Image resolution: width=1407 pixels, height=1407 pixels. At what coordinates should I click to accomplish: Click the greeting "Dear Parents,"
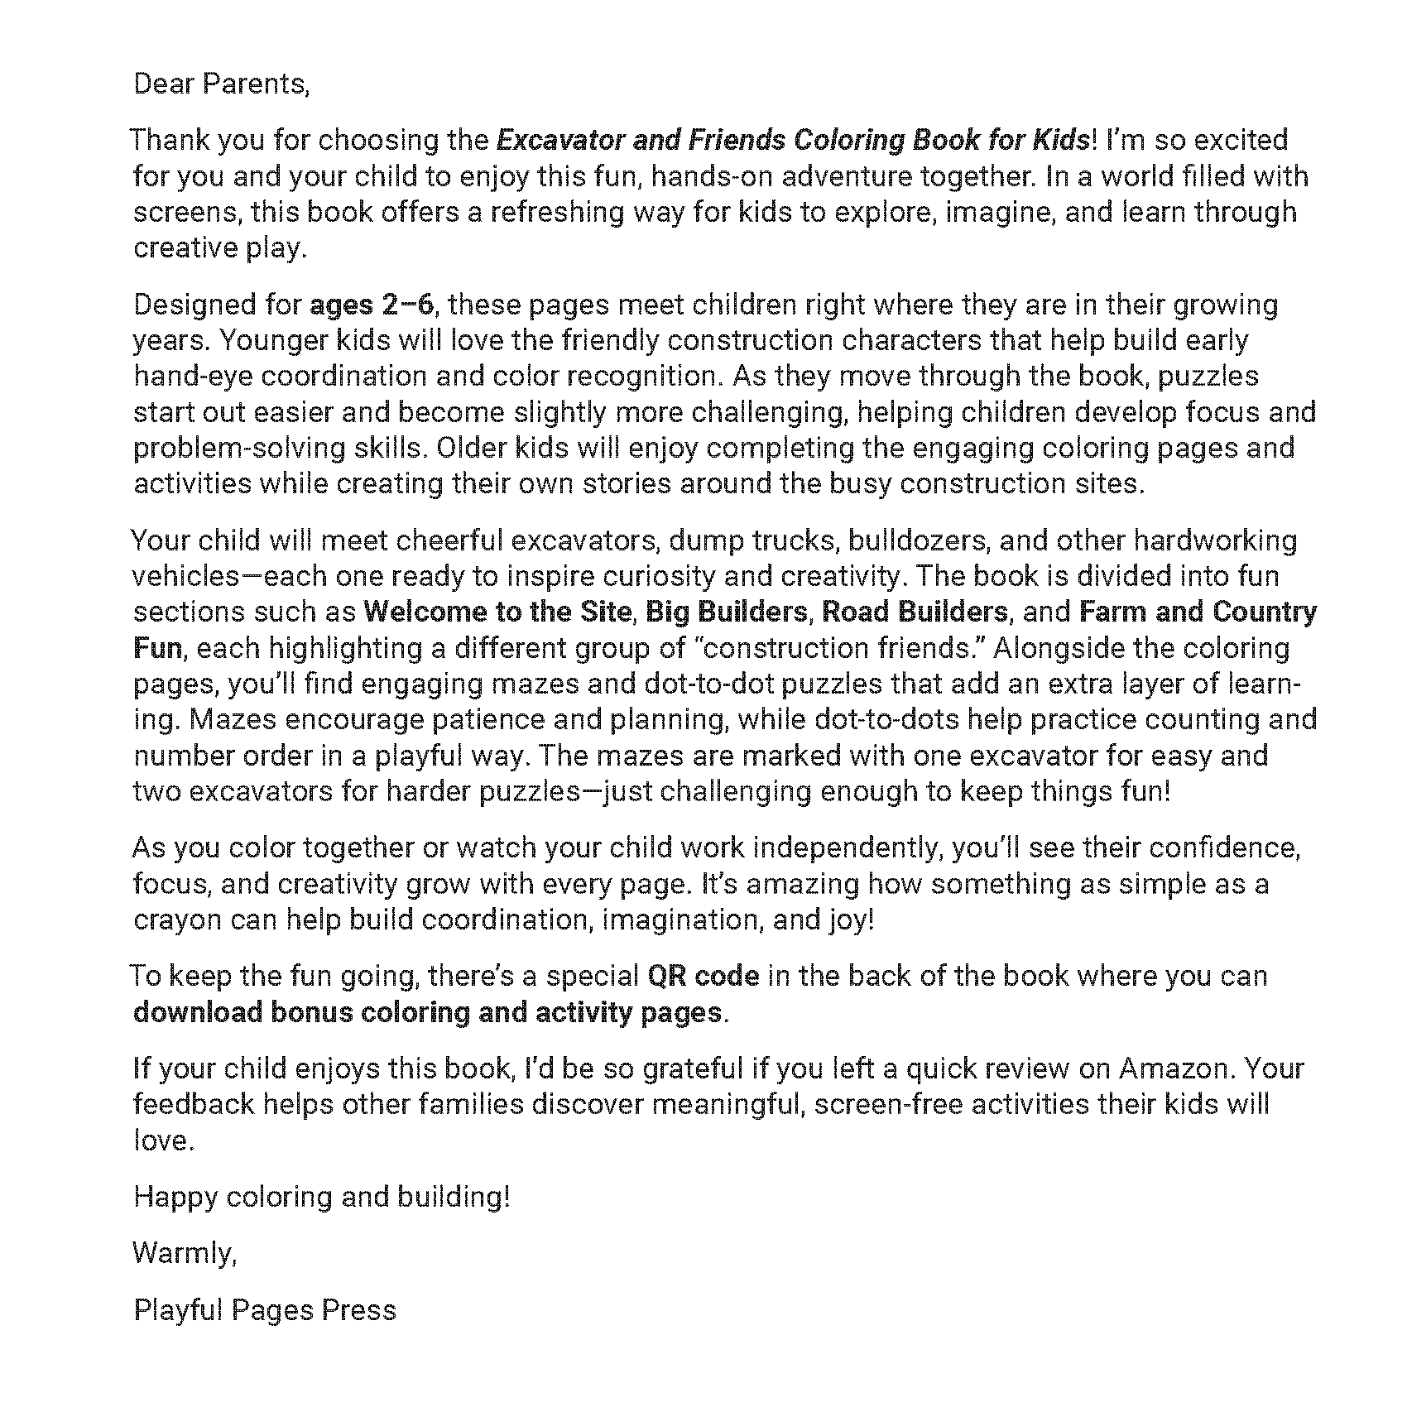click(221, 84)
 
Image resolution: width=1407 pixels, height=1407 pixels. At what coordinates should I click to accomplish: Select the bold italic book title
click(792, 140)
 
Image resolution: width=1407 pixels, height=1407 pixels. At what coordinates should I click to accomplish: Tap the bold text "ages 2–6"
click(371, 305)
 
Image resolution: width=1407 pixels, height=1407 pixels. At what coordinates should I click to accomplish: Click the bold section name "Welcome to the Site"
click(497, 612)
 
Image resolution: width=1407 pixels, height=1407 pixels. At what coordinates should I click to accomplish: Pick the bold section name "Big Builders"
click(726, 612)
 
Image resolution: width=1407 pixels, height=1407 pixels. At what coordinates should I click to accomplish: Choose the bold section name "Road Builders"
click(915, 612)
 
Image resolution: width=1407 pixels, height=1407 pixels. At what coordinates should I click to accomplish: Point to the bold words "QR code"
click(703, 976)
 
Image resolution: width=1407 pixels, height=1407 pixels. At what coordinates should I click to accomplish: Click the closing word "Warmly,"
click(185, 1253)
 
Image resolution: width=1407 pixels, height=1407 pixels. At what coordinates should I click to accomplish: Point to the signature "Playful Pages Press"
click(265, 1309)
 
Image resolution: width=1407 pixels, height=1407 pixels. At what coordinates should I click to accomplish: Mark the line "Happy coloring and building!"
click(322, 1197)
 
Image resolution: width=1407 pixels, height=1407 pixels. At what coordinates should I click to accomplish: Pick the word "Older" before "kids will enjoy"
click(471, 448)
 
